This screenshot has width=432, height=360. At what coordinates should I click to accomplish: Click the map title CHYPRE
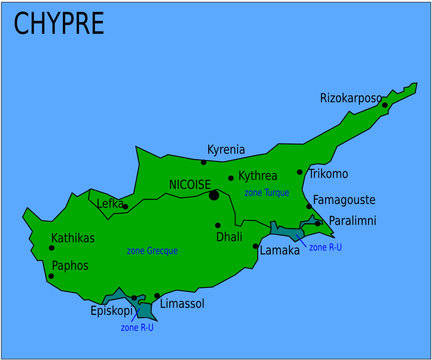point(58,24)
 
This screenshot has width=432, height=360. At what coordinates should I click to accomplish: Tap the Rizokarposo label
point(350,98)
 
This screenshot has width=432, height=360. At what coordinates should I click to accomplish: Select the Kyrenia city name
point(225,150)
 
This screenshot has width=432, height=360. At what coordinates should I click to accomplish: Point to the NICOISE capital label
point(189,184)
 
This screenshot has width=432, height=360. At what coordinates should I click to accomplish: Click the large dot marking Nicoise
point(214,195)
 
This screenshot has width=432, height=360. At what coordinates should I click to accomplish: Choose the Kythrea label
point(258,176)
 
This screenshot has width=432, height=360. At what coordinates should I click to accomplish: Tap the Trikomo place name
point(328,174)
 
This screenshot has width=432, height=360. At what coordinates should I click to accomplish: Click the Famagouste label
point(345,200)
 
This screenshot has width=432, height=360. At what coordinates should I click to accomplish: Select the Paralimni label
point(353,221)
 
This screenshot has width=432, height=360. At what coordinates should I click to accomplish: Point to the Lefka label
point(109,203)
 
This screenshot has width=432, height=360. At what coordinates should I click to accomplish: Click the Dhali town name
point(229,237)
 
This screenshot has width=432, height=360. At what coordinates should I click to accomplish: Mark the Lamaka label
point(279,250)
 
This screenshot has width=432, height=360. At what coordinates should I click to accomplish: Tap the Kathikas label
point(72,238)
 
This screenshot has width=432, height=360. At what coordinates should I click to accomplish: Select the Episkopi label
point(111,310)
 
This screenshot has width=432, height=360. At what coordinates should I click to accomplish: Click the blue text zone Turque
point(266,191)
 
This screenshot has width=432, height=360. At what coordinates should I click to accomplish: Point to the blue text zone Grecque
point(152,251)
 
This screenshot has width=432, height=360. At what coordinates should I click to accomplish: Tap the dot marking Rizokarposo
point(384,105)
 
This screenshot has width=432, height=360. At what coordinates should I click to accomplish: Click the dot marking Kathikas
point(52,248)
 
